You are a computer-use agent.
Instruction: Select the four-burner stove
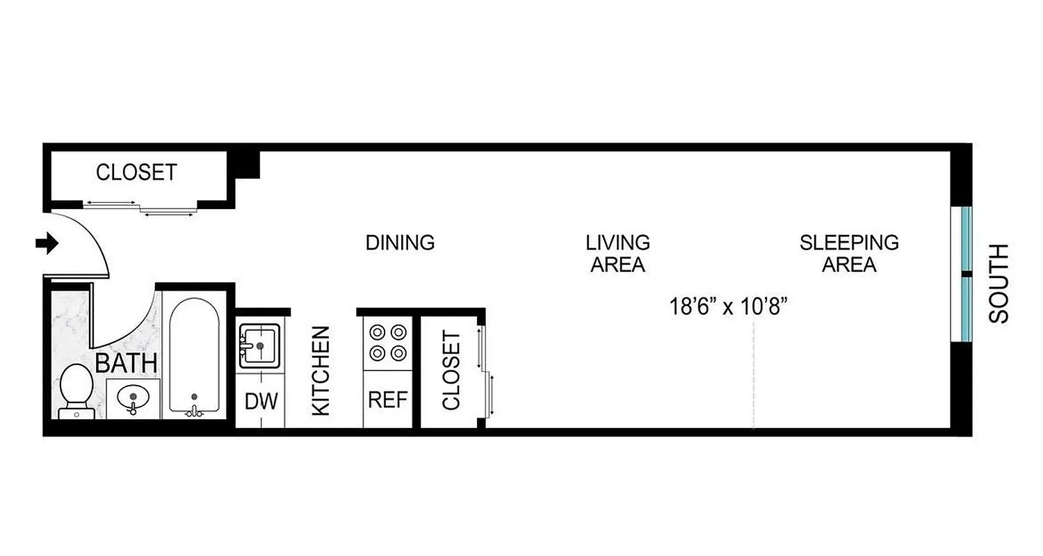point(388,343)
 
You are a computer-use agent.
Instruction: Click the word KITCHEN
point(321,371)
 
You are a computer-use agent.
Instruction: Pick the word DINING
point(400,243)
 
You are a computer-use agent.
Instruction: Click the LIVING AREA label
point(617,254)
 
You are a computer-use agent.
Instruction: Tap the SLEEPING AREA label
point(848,254)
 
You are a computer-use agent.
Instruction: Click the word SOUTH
point(998,284)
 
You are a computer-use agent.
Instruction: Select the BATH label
point(126,363)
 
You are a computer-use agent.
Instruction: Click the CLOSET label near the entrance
point(136,172)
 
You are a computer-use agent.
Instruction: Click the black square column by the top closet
point(247,165)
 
